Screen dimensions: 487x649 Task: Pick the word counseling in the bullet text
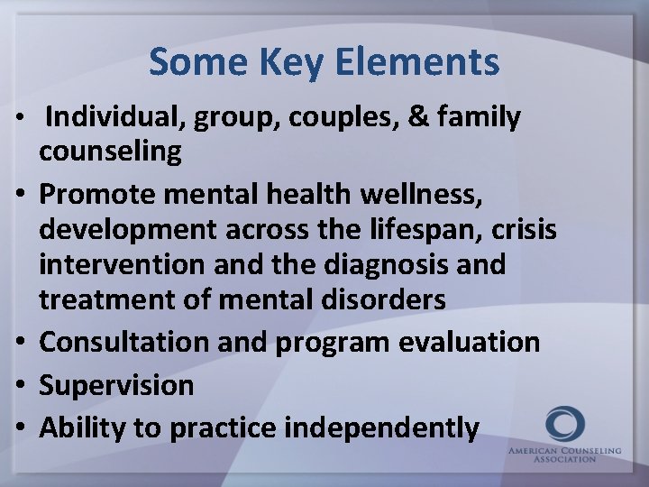point(110,152)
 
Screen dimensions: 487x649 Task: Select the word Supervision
point(116,386)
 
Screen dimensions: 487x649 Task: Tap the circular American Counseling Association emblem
point(564,424)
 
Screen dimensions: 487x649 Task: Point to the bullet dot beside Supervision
point(24,386)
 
